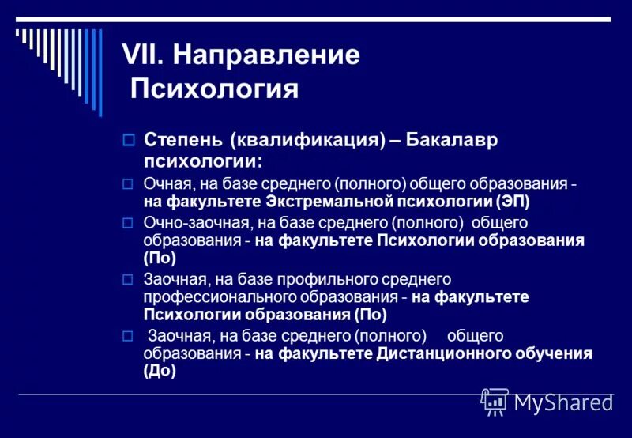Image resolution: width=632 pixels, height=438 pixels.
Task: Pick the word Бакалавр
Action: (x=461, y=140)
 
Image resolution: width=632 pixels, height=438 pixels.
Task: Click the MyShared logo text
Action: (x=563, y=402)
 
